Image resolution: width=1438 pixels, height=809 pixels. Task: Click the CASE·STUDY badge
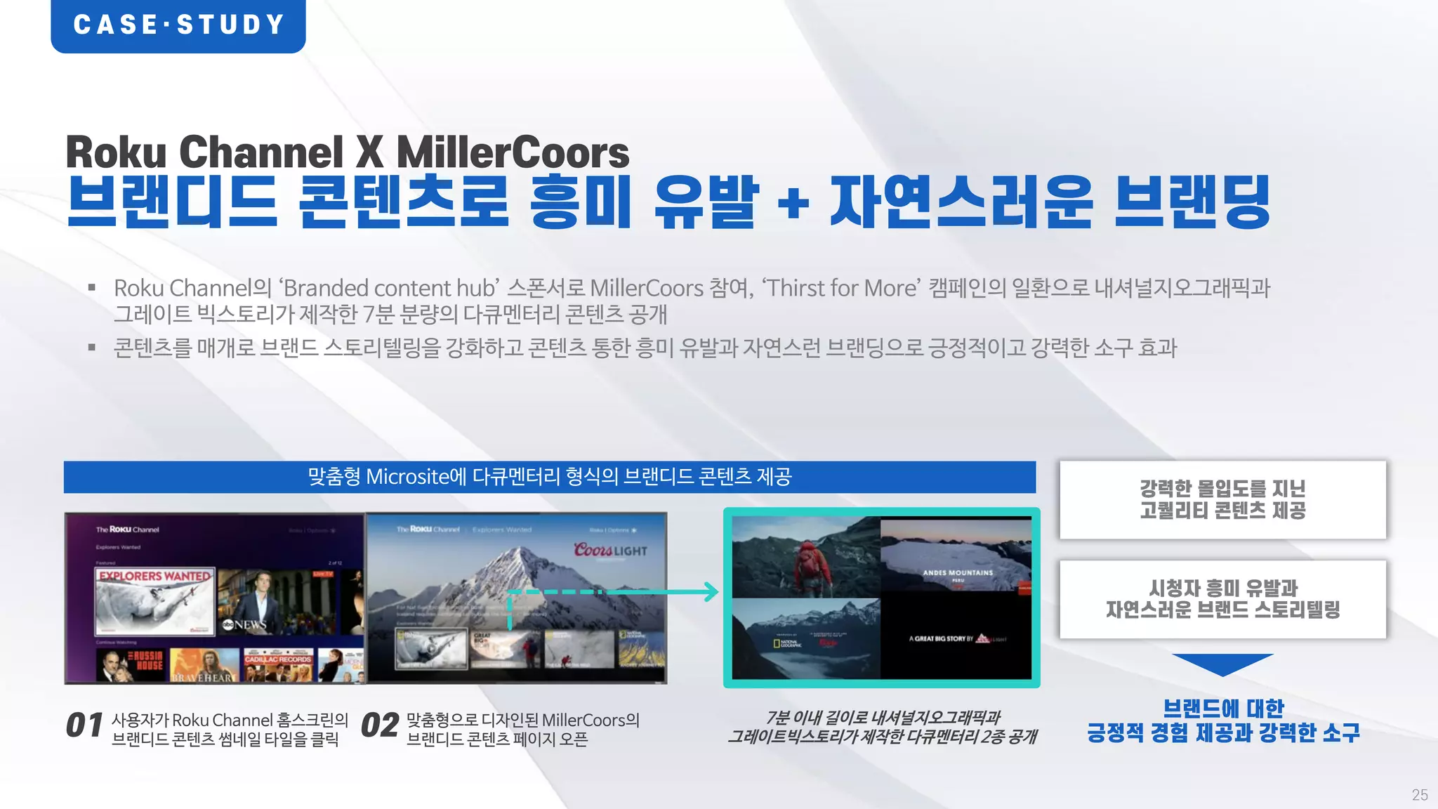tap(178, 25)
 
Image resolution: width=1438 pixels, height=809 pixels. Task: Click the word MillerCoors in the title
tap(513, 152)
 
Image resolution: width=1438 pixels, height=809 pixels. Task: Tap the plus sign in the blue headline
tap(793, 204)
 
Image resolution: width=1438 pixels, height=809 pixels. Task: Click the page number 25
tap(1419, 794)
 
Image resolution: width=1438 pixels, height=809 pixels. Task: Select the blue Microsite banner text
tap(550, 477)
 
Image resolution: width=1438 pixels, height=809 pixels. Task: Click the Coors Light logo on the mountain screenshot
tap(609, 550)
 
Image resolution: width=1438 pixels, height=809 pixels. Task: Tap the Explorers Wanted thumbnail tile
tap(154, 600)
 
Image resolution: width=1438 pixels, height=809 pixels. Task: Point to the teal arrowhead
tap(711, 591)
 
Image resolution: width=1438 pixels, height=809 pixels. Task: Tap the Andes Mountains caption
tap(958, 573)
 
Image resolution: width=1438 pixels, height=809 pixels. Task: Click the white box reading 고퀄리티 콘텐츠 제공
tap(1222, 499)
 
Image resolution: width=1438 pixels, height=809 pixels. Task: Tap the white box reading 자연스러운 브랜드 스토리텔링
tap(1222, 599)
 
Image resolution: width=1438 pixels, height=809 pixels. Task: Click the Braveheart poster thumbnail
tap(204, 666)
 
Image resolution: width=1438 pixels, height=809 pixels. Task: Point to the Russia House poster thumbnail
tap(131, 664)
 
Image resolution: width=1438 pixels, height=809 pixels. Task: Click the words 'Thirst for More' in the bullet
tap(841, 288)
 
